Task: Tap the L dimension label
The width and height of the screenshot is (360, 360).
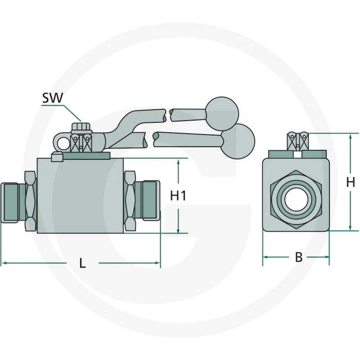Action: coord(82,264)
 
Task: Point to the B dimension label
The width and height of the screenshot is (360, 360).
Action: coord(298,257)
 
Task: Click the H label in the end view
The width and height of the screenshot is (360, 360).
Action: coord(351,182)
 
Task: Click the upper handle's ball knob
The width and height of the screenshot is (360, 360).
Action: coord(221,111)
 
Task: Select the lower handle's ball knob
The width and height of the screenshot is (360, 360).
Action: coord(237,141)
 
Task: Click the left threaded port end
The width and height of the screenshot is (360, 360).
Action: coord(9,202)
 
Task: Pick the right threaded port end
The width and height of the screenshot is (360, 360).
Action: coord(151,201)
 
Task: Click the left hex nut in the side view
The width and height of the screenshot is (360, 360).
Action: coord(30,201)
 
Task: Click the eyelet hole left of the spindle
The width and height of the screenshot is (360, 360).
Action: coord(63,143)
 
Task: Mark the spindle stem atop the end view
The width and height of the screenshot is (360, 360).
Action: coord(298,141)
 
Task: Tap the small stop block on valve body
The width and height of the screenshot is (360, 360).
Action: coord(56,157)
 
